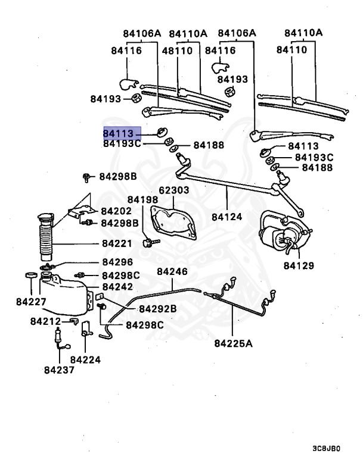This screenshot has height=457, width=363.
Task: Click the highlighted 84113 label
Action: (x=122, y=133)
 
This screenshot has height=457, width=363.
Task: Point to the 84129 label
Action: (x=298, y=265)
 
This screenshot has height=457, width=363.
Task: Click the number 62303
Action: (x=173, y=190)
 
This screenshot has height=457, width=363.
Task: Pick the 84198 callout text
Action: (x=142, y=199)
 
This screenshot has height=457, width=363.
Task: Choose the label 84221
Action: (x=116, y=243)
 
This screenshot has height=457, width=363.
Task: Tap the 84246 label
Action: (x=172, y=272)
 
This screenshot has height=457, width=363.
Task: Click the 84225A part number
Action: (x=234, y=343)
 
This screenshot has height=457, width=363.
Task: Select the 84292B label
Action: (x=158, y=308)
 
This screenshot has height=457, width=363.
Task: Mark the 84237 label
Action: (x=60, y=370)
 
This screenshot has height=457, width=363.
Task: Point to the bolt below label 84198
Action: (x=150, y=242)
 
